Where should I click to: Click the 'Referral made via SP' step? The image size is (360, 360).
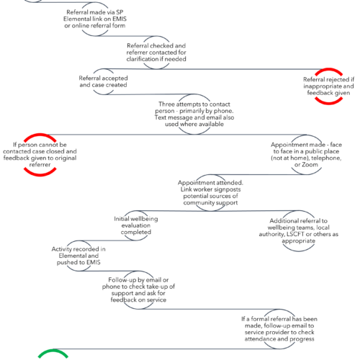(x=95, y=19)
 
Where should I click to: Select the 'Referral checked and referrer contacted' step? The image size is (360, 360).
(x=156, y=53)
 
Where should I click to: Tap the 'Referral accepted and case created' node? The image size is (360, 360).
(x=103, y=81)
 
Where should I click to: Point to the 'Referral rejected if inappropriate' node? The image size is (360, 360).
(x=328, y=86)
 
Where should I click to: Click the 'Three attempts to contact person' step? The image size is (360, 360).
(x=194, y=114)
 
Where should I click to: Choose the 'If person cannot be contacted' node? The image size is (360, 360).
(x=40, y=155)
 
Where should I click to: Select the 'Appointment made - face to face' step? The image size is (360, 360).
(x=306, y=155)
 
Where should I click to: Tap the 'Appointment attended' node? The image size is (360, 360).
(x=210, y=193)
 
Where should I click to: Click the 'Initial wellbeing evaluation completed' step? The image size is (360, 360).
(x=136, y=225)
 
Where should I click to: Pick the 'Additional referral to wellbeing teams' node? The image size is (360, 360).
(x=299, y=230)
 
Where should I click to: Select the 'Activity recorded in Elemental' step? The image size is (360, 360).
(x=78, y=256)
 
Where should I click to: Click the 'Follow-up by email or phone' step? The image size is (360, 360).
(x=138, y=289)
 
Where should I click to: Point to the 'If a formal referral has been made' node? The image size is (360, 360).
(x=279, y=329)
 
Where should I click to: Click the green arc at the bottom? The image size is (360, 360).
(x=53, y=351)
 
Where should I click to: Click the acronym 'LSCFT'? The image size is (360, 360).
(x=295, y=234)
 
